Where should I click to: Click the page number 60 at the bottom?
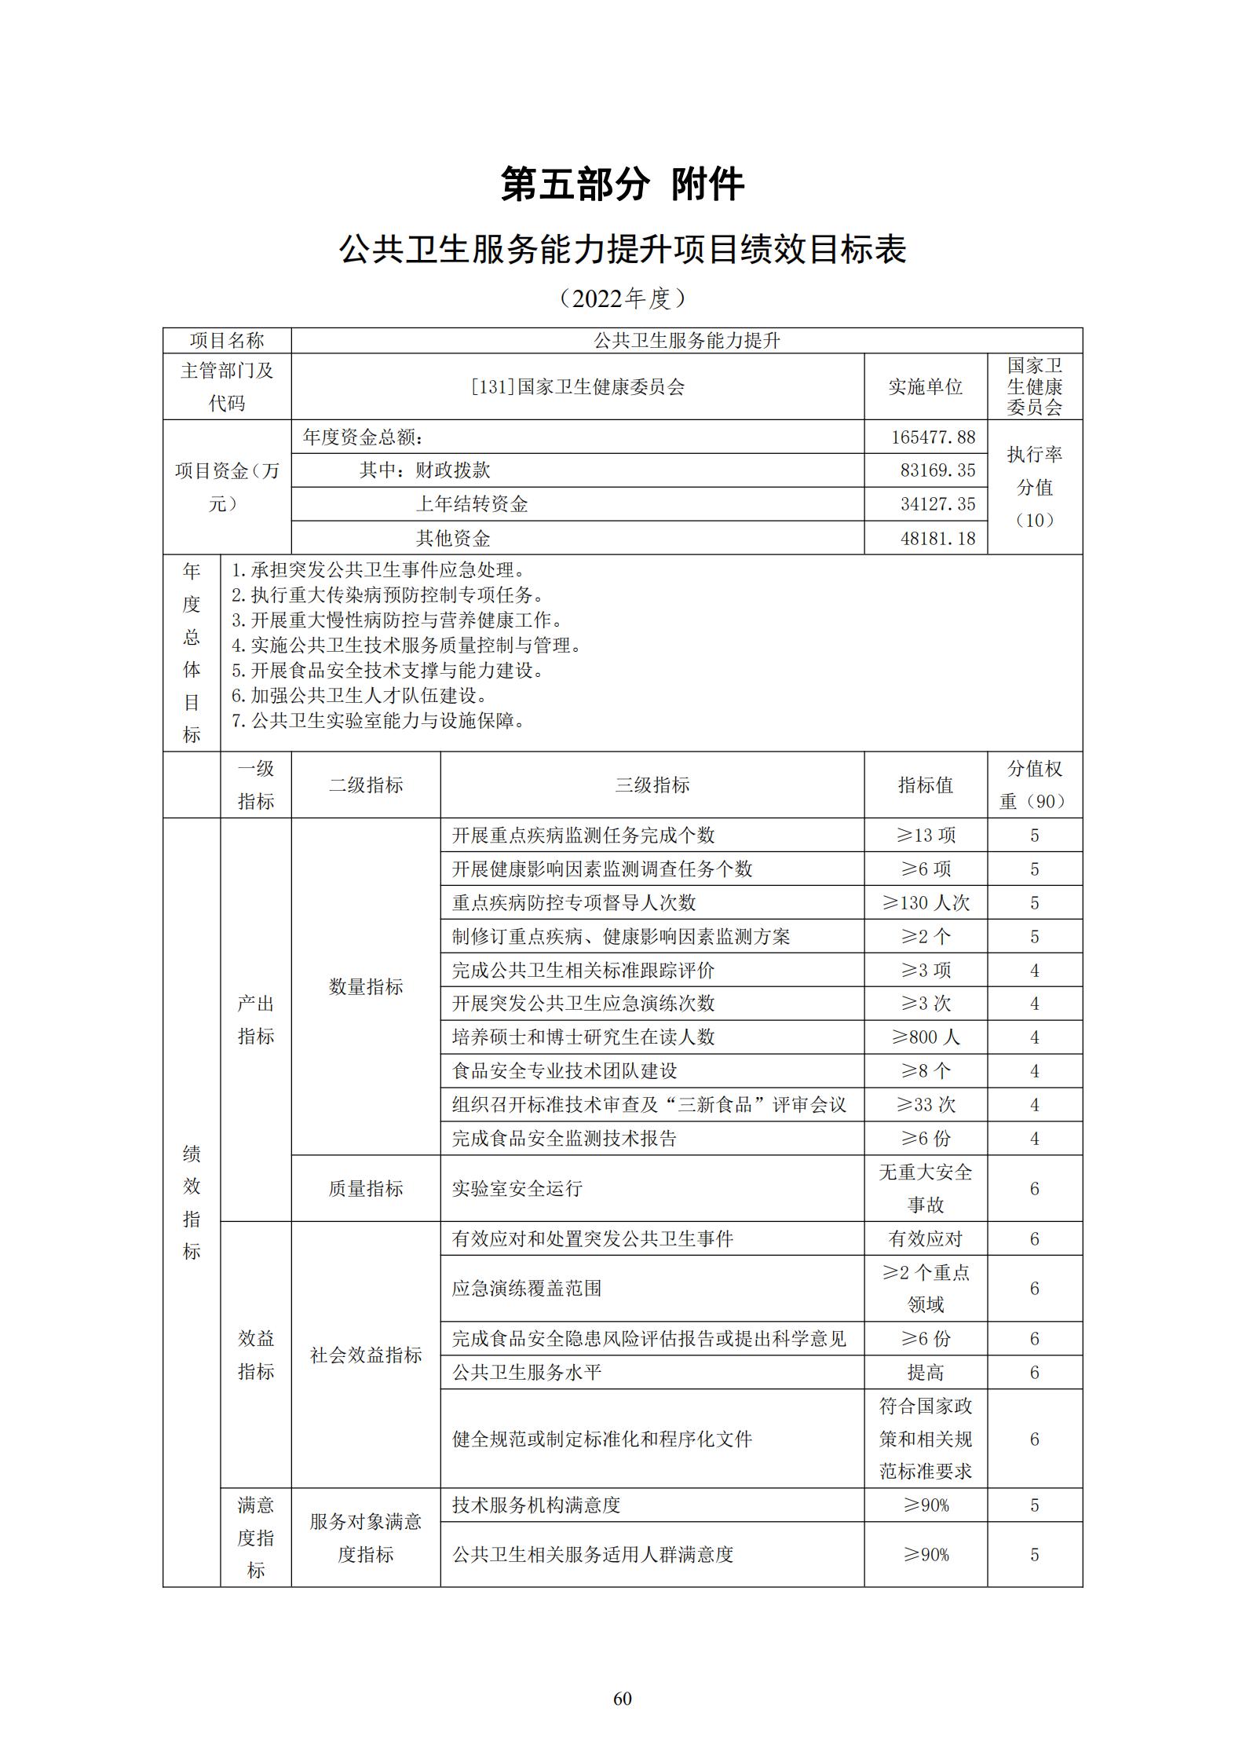click(622, 1698)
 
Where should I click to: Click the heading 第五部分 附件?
click(623, 185)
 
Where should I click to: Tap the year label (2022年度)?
click(623, 298)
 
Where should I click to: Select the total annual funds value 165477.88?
click(933, 437)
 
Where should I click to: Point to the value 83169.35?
click(937, 470)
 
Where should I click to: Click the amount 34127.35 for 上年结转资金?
click(937, 504)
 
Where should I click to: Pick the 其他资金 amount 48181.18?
click(937, 538)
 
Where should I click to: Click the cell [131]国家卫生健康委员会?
click(578, 386)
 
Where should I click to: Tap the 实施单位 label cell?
click(925, 386)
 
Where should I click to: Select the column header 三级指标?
click(652, 785)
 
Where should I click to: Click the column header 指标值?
click(925, 785)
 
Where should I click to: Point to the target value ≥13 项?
click(926, 836)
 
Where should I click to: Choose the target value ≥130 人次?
click(926, 903)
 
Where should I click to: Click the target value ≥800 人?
click(926, 1037)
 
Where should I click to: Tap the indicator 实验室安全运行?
click(517, 1189)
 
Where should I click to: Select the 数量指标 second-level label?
click(366, 986)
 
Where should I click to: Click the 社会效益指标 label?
click(366, 1355)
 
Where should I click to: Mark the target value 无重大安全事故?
click(926, 1189)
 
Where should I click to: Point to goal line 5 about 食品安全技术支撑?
click(388, 671)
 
